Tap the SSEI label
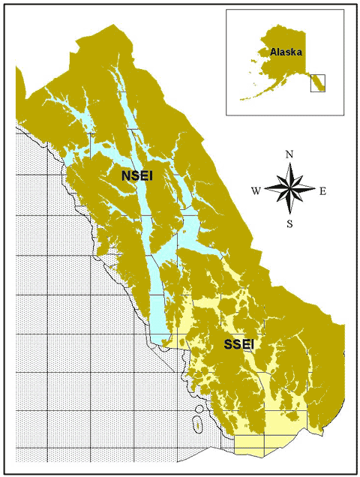[x=239, y=345]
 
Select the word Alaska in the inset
[x=286, y=52]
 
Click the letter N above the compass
[x=289, y=155]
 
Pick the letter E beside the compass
[x=322, y=190]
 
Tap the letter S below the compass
[x=289, y=223]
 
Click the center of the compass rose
[x=289, y=188]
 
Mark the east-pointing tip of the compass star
[x=313, y=188]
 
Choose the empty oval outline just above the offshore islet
[x=199, y=412]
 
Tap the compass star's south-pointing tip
[x=289, y=213]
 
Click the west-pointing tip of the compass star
[x=266, y=188]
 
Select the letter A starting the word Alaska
[x=273, y=52]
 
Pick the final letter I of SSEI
[x=252, y=345]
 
